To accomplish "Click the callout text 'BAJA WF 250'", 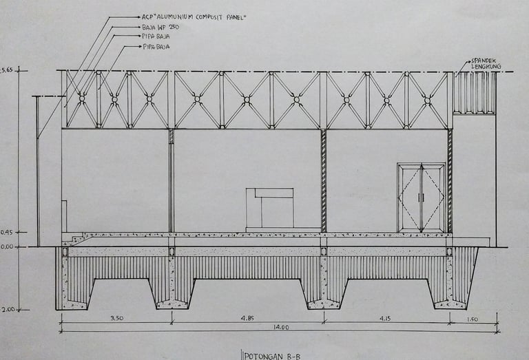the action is click(x=159, y=27).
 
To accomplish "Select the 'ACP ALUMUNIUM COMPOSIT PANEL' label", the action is click(x=194, y=17).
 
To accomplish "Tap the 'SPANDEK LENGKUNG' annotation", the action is click(x=486, y=63).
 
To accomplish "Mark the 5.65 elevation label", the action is click(x=7, y=70).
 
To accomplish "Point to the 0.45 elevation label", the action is click(x=7, y=232).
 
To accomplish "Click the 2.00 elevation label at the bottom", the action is click(x=7, y=310).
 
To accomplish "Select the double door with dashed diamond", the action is click(x=421, y=198).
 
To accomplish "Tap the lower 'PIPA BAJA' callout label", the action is click(x=156, y=47).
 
